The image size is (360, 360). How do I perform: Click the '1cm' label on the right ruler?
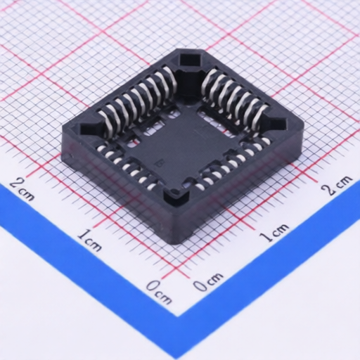click(274, 232)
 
